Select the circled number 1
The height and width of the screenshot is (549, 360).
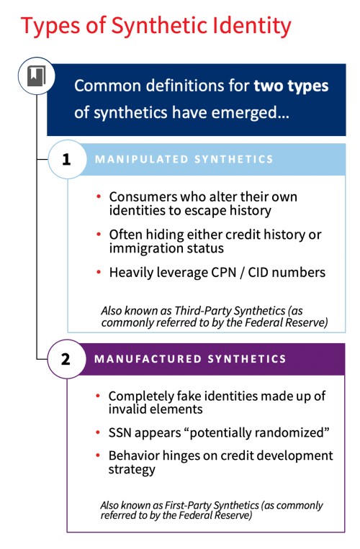coord(66,159)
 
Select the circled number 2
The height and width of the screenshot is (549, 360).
coord(66,358)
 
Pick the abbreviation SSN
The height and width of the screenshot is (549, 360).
coord(122,435)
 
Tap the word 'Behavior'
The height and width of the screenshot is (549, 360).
coord(134,456)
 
